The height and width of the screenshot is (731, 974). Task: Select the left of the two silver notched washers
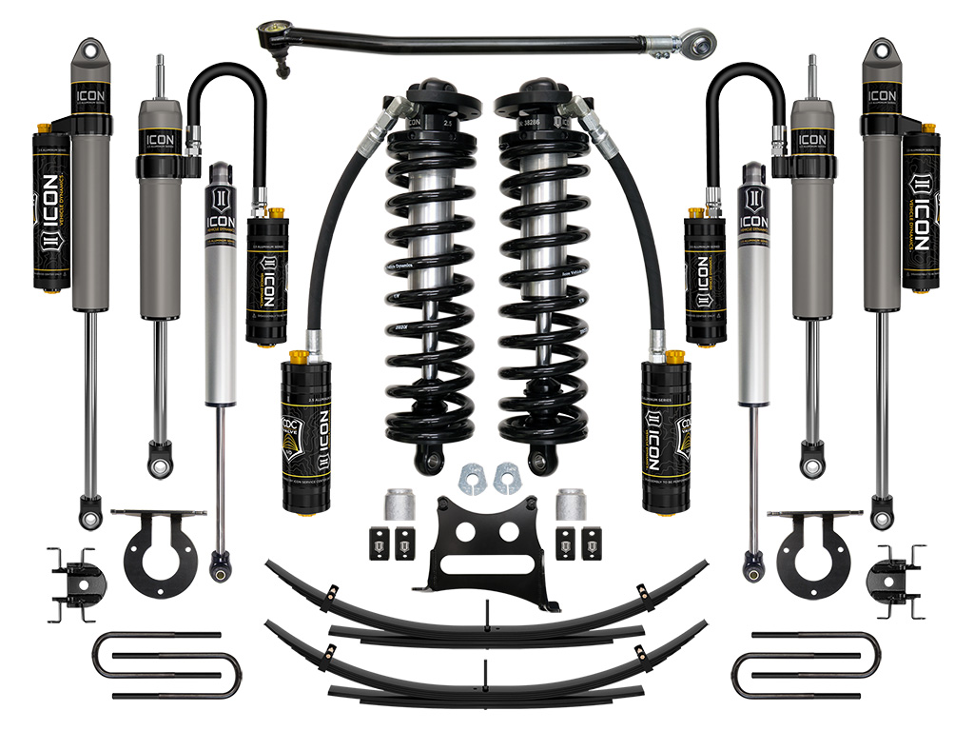coord(472,479)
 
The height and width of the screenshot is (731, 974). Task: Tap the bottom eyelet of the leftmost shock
coord(90,514)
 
